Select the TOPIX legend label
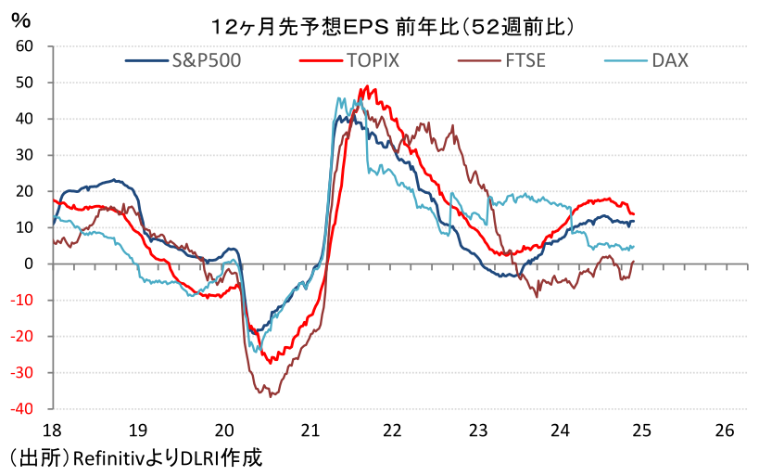(x=373, y=62)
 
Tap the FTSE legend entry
(x=525, y=62)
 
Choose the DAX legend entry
(x=669, y=62)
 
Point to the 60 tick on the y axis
(x=24, y=45)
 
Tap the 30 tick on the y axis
(x=24, y=154)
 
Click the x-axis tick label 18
(x=53, y=431)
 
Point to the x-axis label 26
(x=725, y=431)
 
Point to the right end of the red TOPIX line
(x=633, y=214)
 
